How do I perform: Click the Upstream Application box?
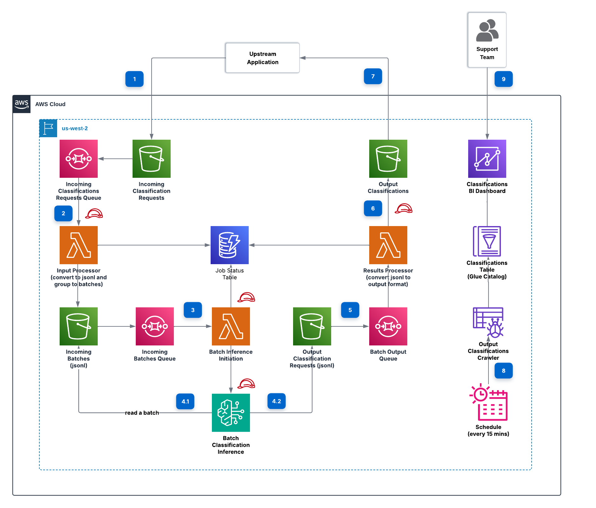pos(262,58)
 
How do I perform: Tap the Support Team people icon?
pos(487,30)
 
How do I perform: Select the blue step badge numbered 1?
pos(134,79)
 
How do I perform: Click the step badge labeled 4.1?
pos(185,401)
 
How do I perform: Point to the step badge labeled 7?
pos(373,76)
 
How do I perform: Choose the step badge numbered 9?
pos(504,79)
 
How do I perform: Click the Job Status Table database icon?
pos(230,245)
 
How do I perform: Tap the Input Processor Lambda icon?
pos(79,245)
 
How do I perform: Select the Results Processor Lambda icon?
pos(388,245)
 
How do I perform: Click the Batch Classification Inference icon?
pos(231,413)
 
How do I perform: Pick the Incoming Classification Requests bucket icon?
pos(152,159)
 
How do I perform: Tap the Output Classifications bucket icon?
pos(388,159)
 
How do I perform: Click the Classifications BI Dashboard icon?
pos(487,159)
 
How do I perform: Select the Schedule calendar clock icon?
pos(488,402)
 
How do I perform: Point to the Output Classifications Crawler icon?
pos(488,323)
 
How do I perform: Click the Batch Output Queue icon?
pos(388,326)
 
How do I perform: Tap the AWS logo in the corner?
pos(22,104)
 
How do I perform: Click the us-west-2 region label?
pos(75,128)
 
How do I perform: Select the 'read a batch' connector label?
pos(142,413)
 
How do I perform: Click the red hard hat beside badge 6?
pos(403,208)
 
